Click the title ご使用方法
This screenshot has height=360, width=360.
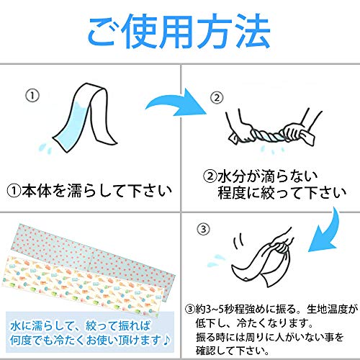click(179, 31)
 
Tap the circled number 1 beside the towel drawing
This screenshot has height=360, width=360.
click(32, 96)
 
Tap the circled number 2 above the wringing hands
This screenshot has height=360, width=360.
click(217, 98)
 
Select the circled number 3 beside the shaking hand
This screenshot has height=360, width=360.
click(203, 230)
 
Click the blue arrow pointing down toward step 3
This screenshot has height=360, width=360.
click(330, 233)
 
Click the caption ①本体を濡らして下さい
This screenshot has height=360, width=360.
click(89, 192)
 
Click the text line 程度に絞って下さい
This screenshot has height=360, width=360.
click(282, 193)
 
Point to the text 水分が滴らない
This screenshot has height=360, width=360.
click(268, 176)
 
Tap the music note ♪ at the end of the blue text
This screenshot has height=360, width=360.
click(166, 340)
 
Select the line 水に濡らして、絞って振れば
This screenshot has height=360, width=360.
click(81, 325)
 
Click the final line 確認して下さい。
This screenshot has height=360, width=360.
click(233, 351)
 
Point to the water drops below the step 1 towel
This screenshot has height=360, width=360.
click(45, 148)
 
